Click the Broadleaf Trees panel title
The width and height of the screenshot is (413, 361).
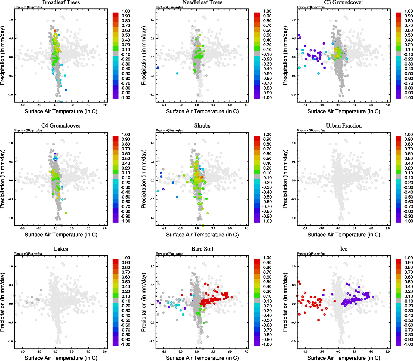pos(61,2)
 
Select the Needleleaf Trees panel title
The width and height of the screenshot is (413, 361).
pos(202,2)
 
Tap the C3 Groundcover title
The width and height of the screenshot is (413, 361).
pos(344,2)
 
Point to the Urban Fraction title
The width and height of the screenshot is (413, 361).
pos(344,126)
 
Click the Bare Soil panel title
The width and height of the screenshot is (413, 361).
pos(202,249)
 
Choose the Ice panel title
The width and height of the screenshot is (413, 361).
pos(344,249)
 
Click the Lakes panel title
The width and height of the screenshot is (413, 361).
pos(61,249)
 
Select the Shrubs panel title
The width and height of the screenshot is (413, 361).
pos(202,126)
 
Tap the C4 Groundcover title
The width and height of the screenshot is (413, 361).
pos(61,126)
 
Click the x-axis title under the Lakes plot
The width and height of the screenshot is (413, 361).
pos(61,358)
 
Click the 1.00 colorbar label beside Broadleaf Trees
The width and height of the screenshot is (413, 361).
pos(126,11)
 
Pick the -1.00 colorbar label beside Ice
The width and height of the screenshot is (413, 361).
pos(408,344)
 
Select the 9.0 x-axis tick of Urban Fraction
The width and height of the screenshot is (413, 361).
pos(388,228)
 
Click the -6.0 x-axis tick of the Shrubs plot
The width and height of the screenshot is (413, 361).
pos(164,228)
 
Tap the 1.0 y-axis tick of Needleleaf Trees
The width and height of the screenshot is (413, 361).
pos(152,20)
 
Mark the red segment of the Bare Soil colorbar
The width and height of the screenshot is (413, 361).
pos(257,261)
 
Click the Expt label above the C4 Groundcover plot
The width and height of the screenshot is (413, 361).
pos(28,131)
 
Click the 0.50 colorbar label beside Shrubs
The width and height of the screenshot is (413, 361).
pos(267,159)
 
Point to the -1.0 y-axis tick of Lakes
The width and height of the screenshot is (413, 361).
pos(11,341)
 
